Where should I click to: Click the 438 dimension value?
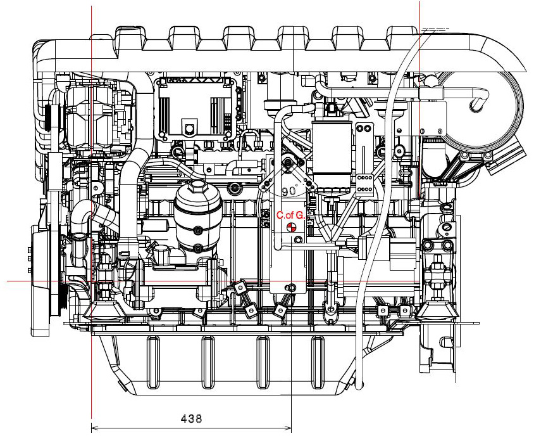191,418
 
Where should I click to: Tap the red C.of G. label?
290,215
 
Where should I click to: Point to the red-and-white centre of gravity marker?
290,228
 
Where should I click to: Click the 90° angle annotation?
290,191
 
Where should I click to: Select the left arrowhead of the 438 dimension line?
95,428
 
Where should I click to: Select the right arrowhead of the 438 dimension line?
288,428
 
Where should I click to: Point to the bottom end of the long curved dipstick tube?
359,385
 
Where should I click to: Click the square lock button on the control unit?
189,128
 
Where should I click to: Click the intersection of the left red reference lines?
92,281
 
